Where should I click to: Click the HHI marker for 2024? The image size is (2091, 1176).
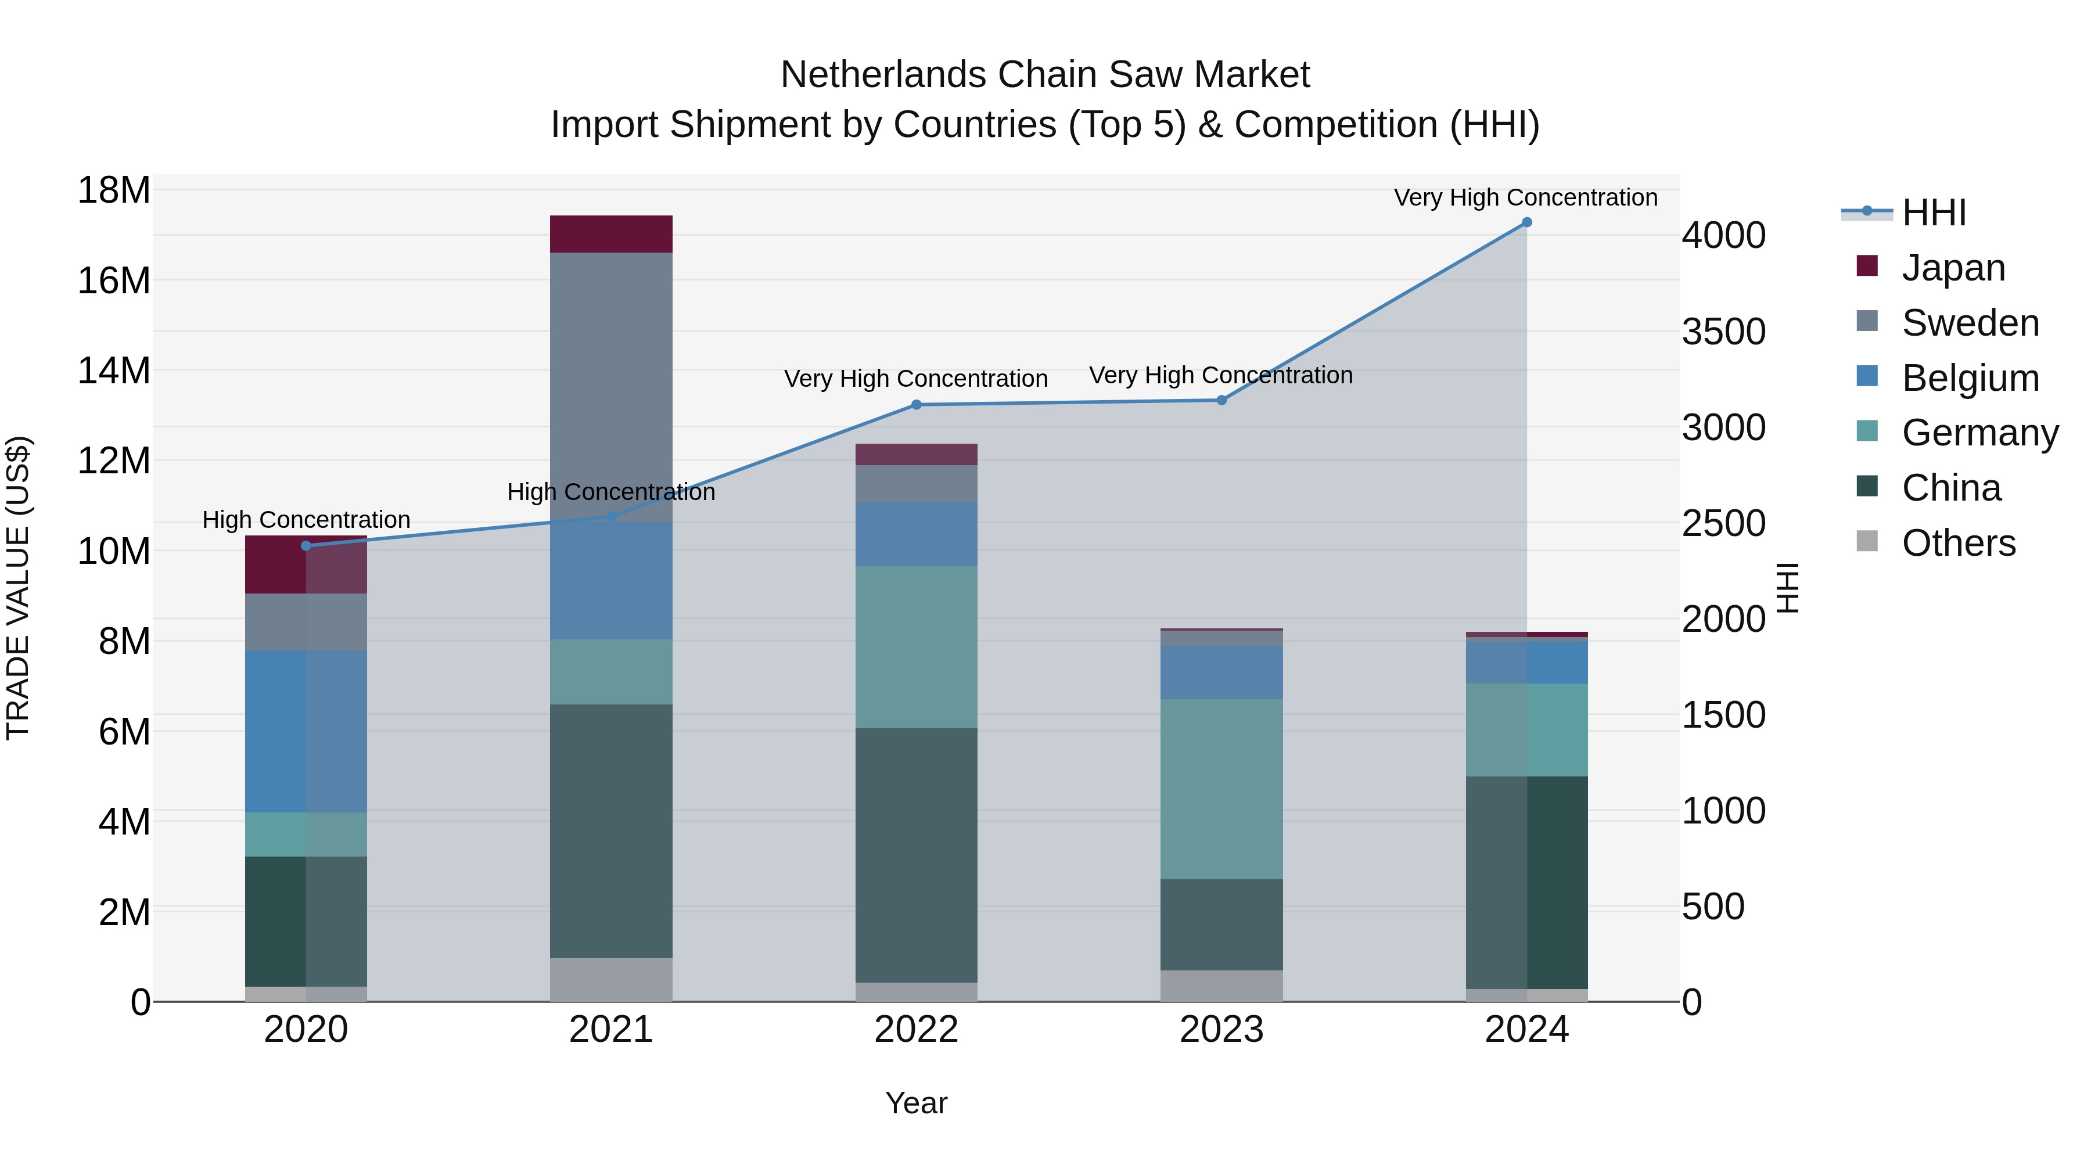click(1526, 222)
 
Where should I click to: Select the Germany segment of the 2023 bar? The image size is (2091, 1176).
click(1221, 789)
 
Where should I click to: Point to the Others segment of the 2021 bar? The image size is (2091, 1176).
click(611, 980)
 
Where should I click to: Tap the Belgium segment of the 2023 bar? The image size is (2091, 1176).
click(1221, 673)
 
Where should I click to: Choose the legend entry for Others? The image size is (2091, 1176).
click(1958, 543)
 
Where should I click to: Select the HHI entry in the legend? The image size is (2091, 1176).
click(1934, 213)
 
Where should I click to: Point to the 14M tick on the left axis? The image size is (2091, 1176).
click(114, 371)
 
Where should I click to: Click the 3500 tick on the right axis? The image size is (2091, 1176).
click(1723, 332)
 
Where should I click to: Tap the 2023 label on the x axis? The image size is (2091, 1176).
click(1221, 1030)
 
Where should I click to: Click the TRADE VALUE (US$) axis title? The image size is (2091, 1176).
click(18, 588)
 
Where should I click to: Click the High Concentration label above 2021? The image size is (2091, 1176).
click(611, 492)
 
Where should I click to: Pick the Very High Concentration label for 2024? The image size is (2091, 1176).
click(1525, 197)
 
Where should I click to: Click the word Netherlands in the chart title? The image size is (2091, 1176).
click(882, 75)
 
